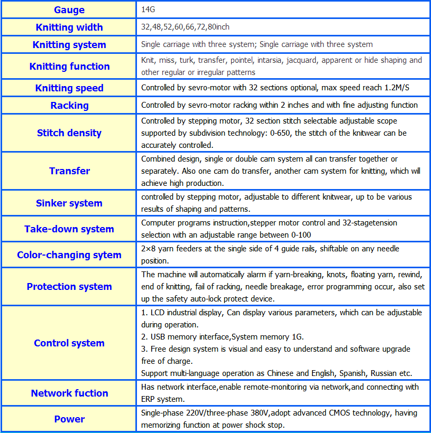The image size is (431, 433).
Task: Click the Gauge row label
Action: click(x=69, y=10)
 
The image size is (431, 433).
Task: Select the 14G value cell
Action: click(x=148, y=10)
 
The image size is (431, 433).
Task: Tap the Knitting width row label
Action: click(x=69, y=27)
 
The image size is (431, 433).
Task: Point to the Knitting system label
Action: click(x=69, y=45)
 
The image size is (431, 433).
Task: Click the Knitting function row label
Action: click(x=69, y=67)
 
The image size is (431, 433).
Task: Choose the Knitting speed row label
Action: click(x=69, y=88)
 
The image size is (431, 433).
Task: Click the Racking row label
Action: click(x=69, y=106)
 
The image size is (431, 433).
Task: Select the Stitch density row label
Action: click(x=69, y=133)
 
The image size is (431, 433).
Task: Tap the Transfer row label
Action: click(x=69, y=171)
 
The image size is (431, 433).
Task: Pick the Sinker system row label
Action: click(x=69, y=203)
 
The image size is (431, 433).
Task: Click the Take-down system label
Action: click(x=69, y=229)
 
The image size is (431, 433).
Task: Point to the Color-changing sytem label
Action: click(x=69, y=255)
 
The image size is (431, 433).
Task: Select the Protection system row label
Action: click(x=69, y=287)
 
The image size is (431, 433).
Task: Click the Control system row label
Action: click(x=69, y=343)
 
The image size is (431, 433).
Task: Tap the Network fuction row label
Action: click(x=69, y=393)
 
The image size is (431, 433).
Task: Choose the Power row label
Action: click(x=69, y=419)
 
